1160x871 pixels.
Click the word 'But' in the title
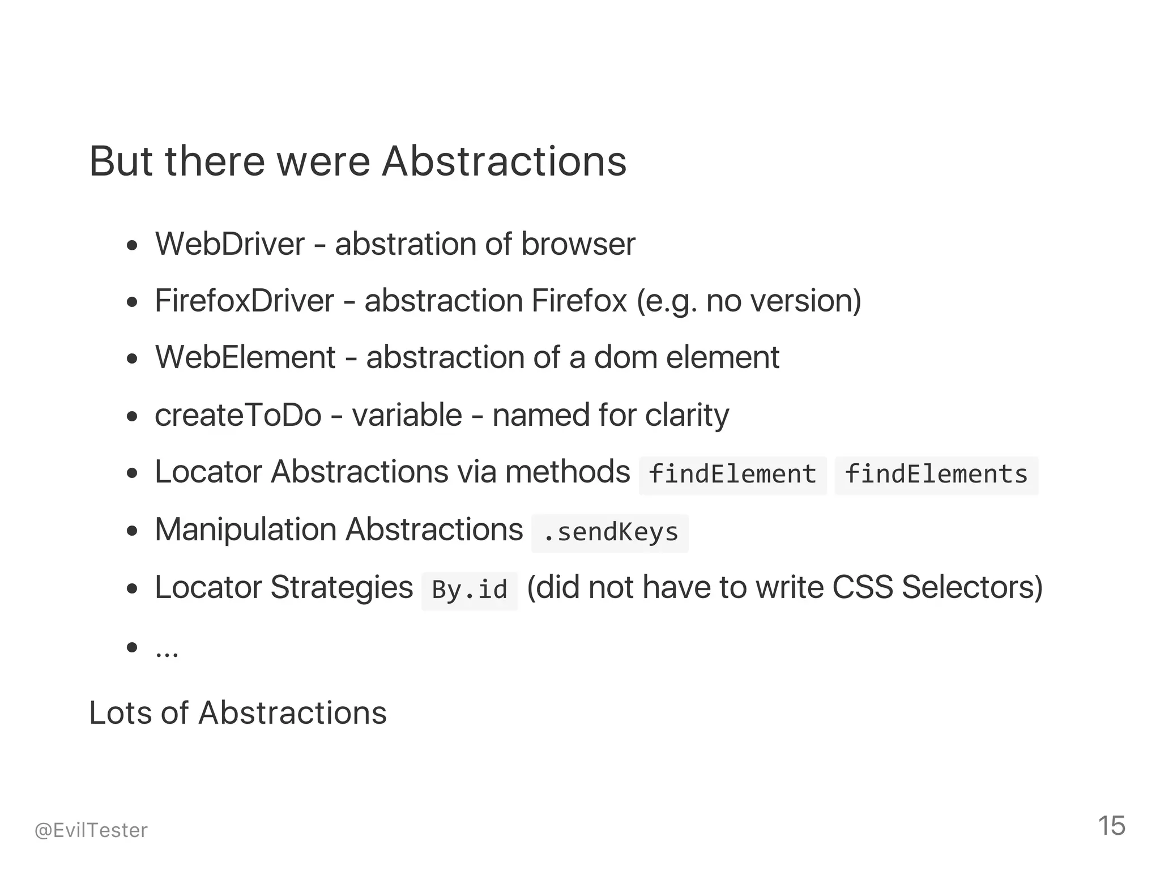[x=121, y=162]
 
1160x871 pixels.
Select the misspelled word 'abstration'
[x=405, y=245]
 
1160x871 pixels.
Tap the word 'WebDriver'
[x=230, y=245]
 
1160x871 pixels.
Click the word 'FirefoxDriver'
[x=244, y=301]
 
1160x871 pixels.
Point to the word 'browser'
[x=578, y=245]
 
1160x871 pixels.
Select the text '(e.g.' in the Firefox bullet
[x=666, y=301]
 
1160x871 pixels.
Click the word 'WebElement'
[x=246, y=358]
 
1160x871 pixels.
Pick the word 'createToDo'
[x=238, y=415]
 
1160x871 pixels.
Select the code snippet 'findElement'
[x=732, y=475]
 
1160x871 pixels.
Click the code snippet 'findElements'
[x=936, y=475]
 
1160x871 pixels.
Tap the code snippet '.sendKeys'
[x=610, y=532]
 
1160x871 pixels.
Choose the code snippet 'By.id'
[x=469, y=590]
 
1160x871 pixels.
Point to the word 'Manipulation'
[x=245, y=530]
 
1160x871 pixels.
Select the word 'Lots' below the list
[x=121, y=713]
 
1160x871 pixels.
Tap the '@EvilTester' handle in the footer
[x=91, y=830]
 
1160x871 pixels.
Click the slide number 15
[x=1111, y=826]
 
